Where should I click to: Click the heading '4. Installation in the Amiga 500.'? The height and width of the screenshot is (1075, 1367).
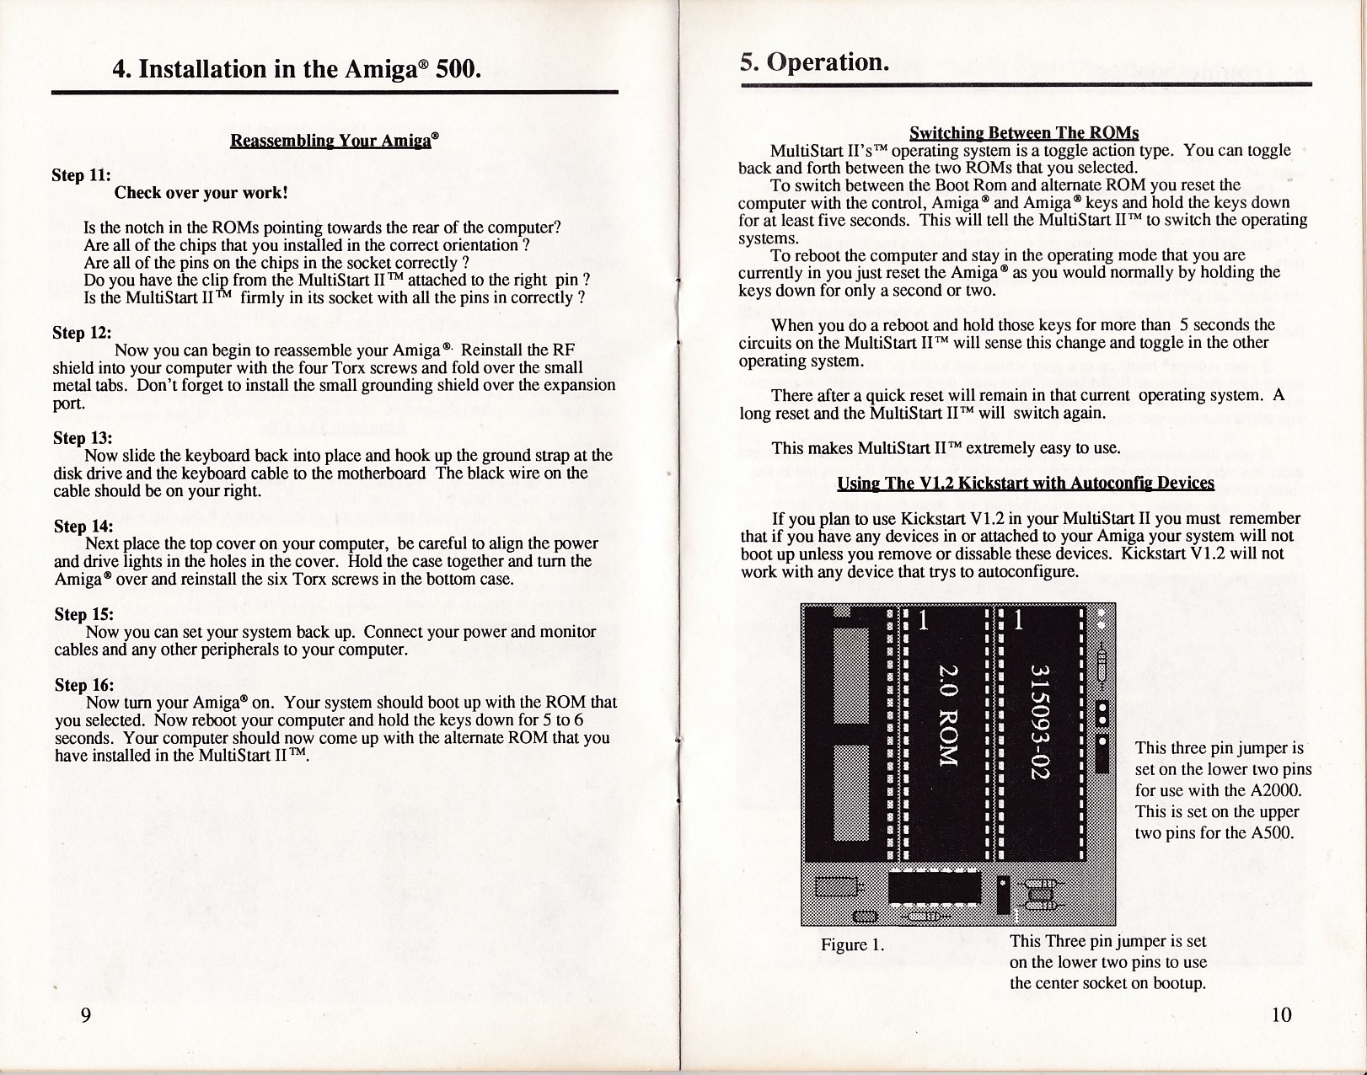pyautogui.click(x=297, y=67)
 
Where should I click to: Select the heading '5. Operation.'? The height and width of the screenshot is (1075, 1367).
pyautogui.click(x=814, y=62)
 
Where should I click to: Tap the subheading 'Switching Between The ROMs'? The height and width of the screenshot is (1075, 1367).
pyautogui.click(x=1024, y=133)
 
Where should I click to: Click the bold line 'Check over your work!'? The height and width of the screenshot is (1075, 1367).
pyautogui.click(x=201, y=193)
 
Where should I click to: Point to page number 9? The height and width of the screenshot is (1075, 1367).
pyautogui.click(x=85, y=1013)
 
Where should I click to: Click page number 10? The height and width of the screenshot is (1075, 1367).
pyautogui.click(x=1280, y=1013)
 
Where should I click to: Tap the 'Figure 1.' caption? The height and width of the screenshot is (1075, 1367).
pyautogui.click(x=852, y=944)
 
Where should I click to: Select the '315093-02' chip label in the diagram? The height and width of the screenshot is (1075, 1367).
pyautogui.click(x=1040, y=722)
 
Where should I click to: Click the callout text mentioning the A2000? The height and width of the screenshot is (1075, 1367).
pyautogui.click(x=1222, y=790)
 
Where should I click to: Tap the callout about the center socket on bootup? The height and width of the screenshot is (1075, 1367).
pyautogui.click(x=1107, y=962)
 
